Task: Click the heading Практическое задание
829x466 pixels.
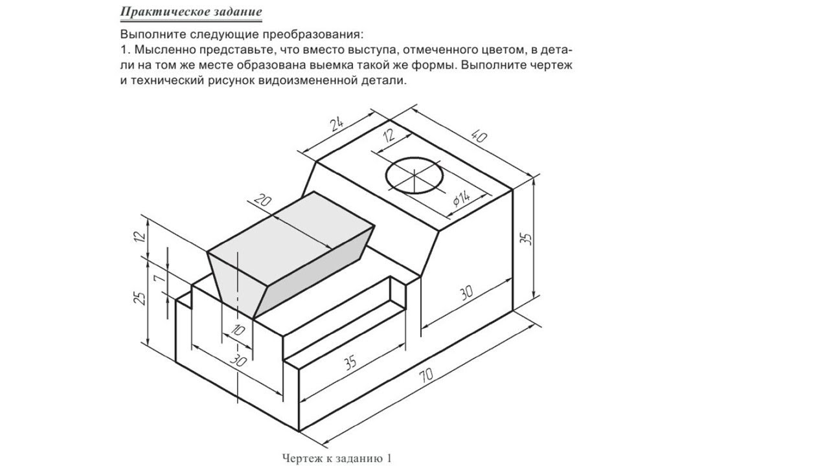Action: [x=191, y=12]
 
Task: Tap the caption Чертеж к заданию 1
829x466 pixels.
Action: [x=337, y=458]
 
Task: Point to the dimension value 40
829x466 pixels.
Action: [x=479, y=136]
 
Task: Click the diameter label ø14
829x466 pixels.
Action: [x=462, y=199]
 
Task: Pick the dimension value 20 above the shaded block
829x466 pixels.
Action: [x=263, y=200]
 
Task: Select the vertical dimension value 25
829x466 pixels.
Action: [x=139, y=298]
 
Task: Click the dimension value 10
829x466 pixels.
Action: [x=238, y=330]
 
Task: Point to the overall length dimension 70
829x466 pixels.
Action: [x=426, y=375]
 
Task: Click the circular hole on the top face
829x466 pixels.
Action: [x=414, y=175]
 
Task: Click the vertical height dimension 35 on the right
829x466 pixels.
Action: [x=527, y=238]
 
